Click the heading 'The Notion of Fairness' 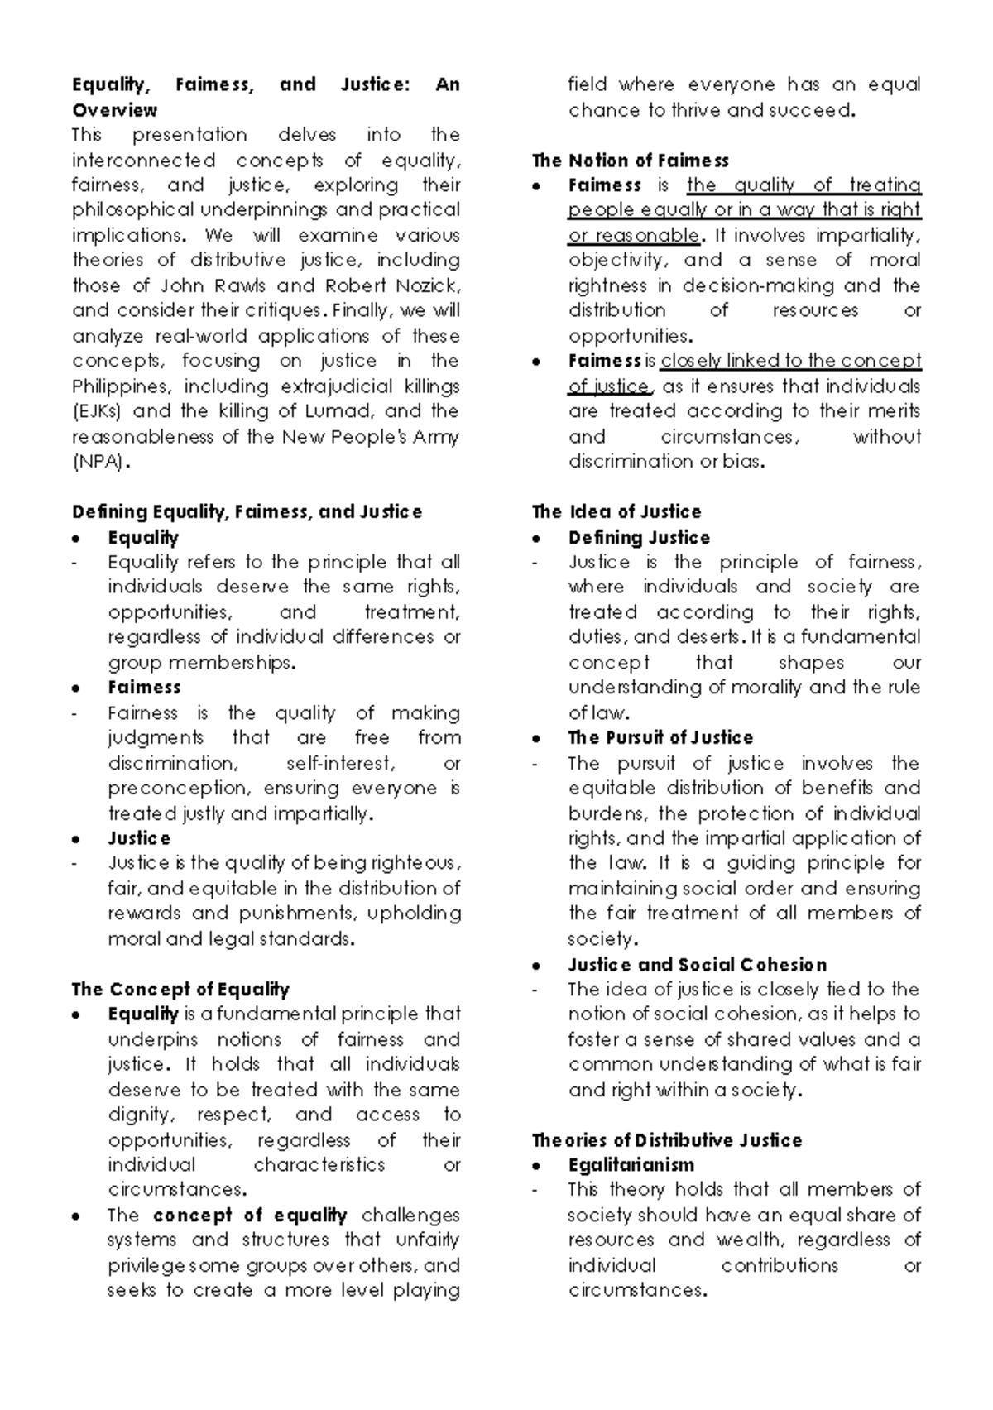(x=630, y=161)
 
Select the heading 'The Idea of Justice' (x=616, y=512)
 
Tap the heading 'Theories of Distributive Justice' (x=666, y=1140)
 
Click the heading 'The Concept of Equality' (x=180, y=990)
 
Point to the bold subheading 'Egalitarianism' (x=631, y=1165)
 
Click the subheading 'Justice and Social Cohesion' (x=697, y=965)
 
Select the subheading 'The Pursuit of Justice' (x=660, y=738)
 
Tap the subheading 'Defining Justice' (x=638, y=538)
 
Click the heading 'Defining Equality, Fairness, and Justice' (x=247, y=512)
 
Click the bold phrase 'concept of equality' (x=249, y=1216)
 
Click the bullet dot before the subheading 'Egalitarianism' (x=537, y=1167)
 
